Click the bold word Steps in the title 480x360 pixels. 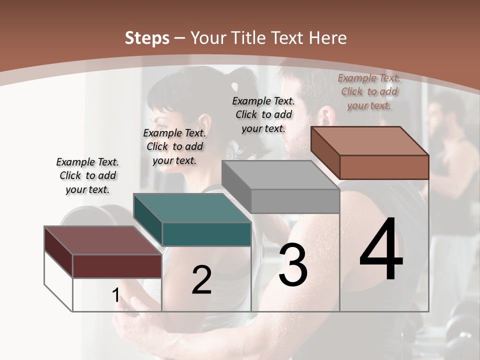147,38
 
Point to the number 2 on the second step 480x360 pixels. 201,280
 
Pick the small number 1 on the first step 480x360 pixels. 116,295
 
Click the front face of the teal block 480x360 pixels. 206,234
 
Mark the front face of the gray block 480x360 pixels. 295,201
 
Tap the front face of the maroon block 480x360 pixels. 117,266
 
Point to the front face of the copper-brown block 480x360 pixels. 384,167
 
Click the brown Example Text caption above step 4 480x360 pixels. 369,91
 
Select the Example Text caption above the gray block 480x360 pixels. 263,114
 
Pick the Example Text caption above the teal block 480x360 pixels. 174,146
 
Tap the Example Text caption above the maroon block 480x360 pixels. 87,175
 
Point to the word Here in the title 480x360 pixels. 328,38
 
